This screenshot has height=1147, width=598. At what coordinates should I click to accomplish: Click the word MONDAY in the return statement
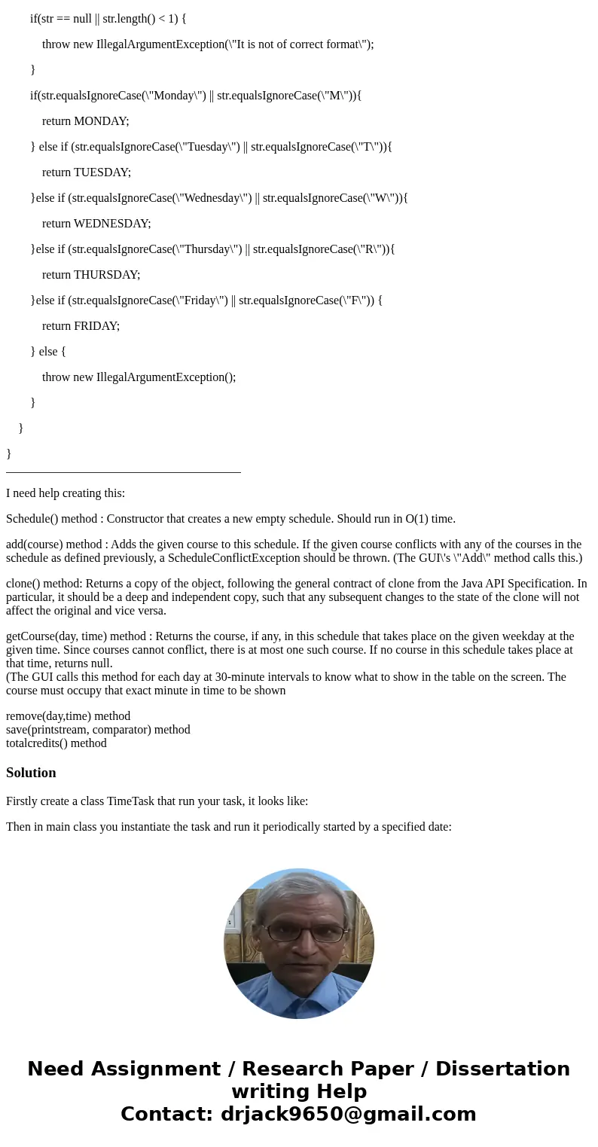click(x=101, y=121)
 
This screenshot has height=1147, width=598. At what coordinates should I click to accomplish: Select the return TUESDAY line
click(x=87, y=172)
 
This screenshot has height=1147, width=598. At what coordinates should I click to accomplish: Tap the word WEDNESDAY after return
click(x=112, y=224)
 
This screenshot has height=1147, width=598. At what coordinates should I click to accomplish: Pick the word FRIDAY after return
click(x=96, y=326)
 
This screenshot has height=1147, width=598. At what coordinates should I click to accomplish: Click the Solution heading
click(x=31, y=773)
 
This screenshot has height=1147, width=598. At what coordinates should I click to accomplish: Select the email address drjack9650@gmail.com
click(x=348, y=1114)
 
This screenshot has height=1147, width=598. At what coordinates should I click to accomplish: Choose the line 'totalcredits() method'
click(x=56, y=743)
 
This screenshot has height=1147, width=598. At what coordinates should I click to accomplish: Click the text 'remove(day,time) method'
click(x=68, y=716)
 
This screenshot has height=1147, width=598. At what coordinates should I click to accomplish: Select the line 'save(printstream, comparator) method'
click(x=98, y=730)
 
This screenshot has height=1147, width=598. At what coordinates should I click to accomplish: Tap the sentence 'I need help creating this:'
click(x=66, y=493)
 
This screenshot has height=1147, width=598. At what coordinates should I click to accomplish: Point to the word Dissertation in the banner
click(x=502, y=1069)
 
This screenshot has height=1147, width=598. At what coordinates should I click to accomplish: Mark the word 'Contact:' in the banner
click(x=166, y=1114)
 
